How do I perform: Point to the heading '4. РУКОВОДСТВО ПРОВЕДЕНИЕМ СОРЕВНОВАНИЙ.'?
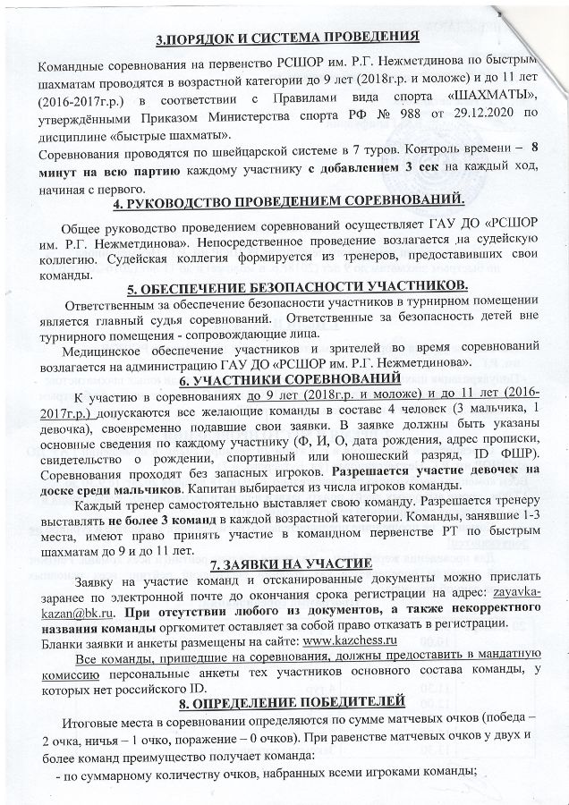(x=286, y=205)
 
